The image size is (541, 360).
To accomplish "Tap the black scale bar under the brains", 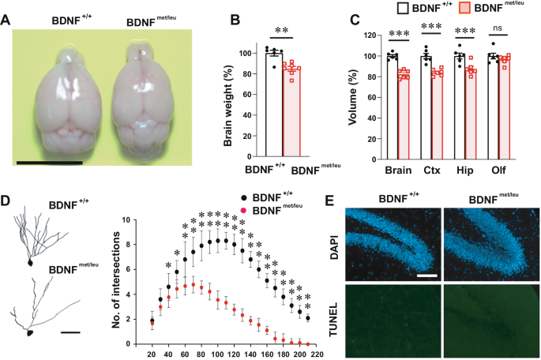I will click(49, 163).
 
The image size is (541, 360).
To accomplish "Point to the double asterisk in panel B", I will click(282, 32).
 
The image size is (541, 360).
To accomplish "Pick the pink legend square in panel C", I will click(464, 10).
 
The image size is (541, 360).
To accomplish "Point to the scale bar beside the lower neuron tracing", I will click(70, 332).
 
